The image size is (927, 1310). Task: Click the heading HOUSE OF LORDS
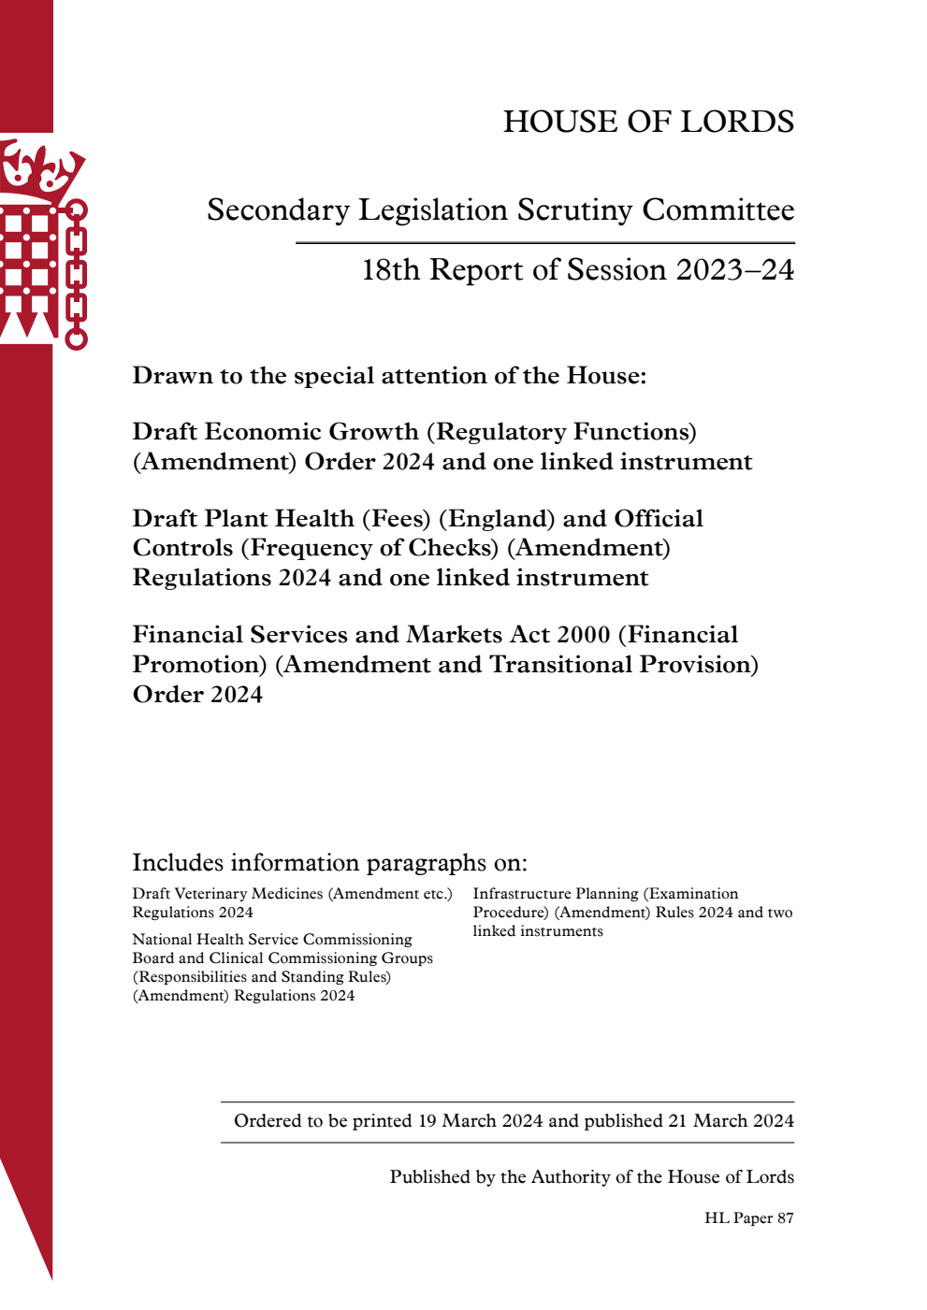pos(648,122)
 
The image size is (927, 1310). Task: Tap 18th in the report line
pos(390,270)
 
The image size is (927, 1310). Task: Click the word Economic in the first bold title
pos(265,432)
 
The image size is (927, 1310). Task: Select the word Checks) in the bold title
pos(455,548)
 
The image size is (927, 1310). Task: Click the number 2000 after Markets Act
pos(583,635)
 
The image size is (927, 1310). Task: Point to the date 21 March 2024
pos(731,1121)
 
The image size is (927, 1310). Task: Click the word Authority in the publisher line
pos(574,1177)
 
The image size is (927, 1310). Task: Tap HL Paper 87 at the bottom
pos(748,1218)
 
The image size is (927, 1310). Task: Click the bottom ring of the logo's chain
pos(77,338)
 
